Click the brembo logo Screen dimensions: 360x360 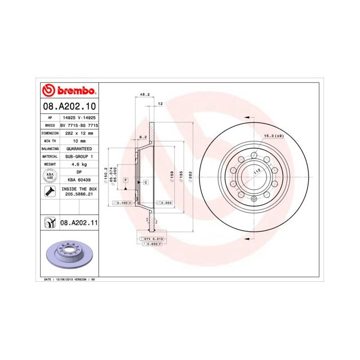pyautogui.click(x=68, y=91)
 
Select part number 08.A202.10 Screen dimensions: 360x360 pyautogui.click(x=68, y=107)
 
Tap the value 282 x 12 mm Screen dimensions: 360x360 pyautogui.click(x=79, y=133)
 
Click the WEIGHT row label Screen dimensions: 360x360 pyautogui.click(x=50, y=164)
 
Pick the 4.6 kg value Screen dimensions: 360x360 pyautogui.click(x=79, y=164)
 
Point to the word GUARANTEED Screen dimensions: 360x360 pyautogui.click(x=79, y=148)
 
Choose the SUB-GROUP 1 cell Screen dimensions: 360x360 pyautogui.click(x=79, y=156)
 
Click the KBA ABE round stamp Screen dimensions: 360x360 pyautogui.click(x=50, y=176)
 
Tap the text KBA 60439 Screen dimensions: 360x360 pyautogui.click(x=79, y=180)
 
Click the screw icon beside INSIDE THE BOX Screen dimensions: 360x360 pyautogui.click(x=50, y=192)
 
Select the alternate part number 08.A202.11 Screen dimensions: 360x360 pyautogui.click(x=79, y=223)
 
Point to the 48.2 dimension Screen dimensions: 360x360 pyautogui.click(x=145, y=95)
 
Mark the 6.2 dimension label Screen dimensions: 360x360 pyautogui.click(x=143, y=137)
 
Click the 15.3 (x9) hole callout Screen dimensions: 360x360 pyautogui.click(x=274, y=136)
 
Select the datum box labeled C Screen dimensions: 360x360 pyautogui.click(x=146, y=182)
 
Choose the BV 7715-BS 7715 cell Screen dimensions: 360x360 pyautogui.click(x=79, y=125)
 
